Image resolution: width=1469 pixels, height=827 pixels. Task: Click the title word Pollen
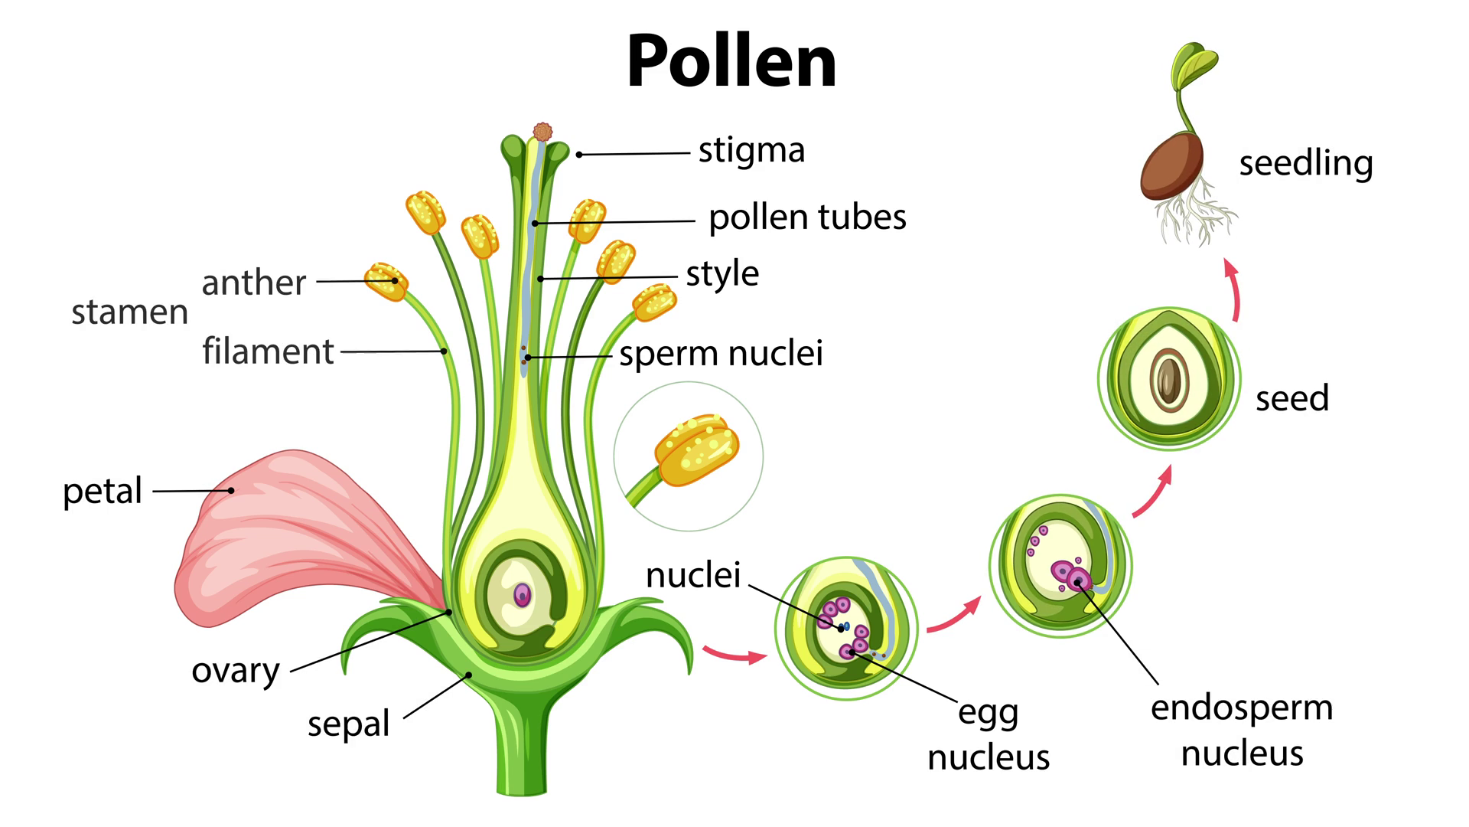(x=731, y=61)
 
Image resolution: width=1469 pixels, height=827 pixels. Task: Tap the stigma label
(x=751, y=151)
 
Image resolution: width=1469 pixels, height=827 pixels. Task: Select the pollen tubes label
(x=807, y=217)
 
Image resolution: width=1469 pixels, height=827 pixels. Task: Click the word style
(x=722, y=274)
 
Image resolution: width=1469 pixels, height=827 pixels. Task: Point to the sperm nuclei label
(x=721, y=354)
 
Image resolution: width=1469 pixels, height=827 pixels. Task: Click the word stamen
(x=129, y=312)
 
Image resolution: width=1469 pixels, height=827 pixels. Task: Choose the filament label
(x=268, y=351)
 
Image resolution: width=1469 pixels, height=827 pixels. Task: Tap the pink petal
(x=283, y=536)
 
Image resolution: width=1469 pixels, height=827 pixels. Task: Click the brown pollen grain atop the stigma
(x=542, y=132)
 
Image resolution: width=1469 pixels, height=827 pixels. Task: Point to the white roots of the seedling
(x=1194, y=214)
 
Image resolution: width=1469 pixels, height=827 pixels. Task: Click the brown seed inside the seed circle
(x=1168, y=380)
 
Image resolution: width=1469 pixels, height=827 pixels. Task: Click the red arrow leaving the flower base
(x=734, y=655)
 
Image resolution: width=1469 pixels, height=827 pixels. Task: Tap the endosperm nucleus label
(x=1242, y=731)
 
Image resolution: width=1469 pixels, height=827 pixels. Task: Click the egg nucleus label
(x=989, y=735)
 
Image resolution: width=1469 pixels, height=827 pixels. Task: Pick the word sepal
(x=349, y=724)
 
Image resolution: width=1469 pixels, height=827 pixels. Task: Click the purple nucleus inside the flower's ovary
(x=522, y=595)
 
